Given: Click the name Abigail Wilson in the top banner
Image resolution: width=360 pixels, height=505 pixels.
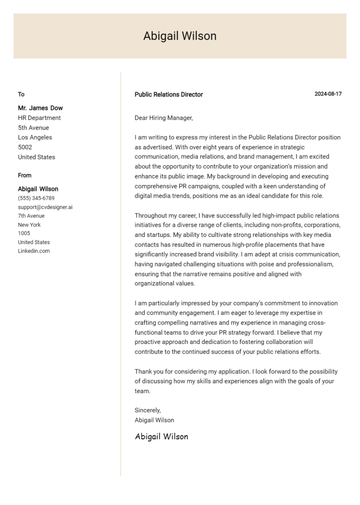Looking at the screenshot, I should [x=180, y=36].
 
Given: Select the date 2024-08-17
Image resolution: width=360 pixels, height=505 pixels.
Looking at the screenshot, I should [x=328, y=94].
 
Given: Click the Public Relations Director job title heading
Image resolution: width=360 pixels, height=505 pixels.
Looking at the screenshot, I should [x=169, y=94].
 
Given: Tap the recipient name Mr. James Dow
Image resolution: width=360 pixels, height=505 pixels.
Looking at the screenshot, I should [x=40, y=108].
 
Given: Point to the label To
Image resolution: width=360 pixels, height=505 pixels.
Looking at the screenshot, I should [x=21, y=94].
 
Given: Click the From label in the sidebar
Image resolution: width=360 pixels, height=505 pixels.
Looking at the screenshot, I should [x=25, y=175].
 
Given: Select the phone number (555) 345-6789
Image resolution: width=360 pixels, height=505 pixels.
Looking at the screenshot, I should [x=36, y=198].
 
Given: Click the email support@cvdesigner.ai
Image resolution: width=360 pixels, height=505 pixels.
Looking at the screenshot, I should [x=45, y=207].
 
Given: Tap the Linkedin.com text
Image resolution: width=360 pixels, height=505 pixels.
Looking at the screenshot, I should [x=34, y=251].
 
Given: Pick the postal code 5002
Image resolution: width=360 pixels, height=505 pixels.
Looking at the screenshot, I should [x=25, y=147].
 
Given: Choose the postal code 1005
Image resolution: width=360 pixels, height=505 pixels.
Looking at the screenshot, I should [x=24, y=233].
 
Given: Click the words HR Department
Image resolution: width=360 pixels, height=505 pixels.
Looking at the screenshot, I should [x=39, y=118].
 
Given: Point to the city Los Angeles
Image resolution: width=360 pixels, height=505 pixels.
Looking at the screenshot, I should [x=35, y=137].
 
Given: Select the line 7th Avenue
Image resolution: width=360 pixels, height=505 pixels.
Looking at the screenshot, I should [x=31, y=216].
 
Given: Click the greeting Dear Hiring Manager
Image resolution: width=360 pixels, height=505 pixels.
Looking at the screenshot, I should [x=164, y=118].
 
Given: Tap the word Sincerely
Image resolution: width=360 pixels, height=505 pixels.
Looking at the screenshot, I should [x=148, y=410].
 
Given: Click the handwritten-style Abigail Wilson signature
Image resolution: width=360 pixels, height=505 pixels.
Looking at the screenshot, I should [x=161, y=437].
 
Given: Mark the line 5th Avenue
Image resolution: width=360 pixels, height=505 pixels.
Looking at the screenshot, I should [x=33, y=127].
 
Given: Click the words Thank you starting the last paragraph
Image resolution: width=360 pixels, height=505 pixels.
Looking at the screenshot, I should [x=148, y=371].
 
